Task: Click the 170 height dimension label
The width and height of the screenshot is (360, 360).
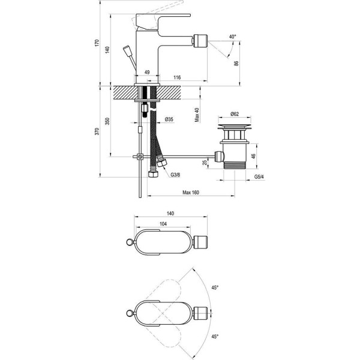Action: [97, 43]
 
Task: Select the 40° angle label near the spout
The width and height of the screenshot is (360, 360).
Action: [232, 37]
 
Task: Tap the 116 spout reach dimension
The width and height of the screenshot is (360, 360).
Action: [177, 77]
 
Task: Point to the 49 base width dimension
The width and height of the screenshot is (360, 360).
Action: [147, 72]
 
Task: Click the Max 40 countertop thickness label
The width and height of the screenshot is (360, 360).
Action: [197, 115]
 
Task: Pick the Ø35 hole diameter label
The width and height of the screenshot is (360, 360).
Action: [169, 119]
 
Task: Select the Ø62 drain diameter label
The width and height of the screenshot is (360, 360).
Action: [235, 113]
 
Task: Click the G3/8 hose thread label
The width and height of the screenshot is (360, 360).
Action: [175, 175]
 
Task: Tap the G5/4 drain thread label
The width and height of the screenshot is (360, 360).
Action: [259, 177]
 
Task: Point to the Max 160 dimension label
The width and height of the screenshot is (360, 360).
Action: [191, 193]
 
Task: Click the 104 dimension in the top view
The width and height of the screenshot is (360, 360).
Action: [163, 224]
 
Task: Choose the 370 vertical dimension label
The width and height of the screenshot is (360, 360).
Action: [97, 131]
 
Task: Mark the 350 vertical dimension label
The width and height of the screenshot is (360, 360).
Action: [107, 121]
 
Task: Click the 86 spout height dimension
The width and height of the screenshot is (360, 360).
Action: [236, 64]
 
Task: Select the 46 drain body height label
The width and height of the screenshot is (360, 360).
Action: [253, 156]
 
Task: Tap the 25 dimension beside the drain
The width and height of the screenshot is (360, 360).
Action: [205, 163]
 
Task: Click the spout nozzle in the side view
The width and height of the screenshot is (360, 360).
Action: [200, 41]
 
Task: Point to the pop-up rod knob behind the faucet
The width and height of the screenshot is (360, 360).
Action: [127, 51]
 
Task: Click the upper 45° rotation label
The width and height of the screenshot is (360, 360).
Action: [215, 287]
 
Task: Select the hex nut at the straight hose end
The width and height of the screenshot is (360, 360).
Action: [153, 174]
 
